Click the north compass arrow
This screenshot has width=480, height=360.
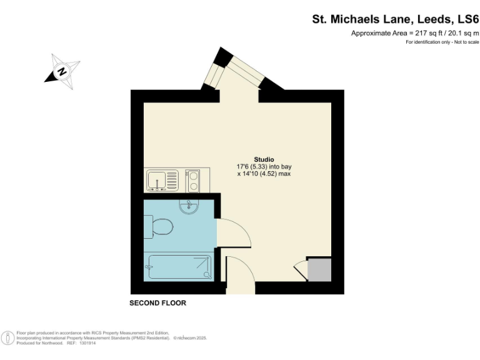[62, 71]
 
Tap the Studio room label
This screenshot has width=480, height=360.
[263, 159]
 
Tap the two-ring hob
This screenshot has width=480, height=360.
[194, 181]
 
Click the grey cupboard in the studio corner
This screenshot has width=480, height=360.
[319, 269]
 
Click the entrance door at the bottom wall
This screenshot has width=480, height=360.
[240, 275]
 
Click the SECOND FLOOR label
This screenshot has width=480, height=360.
[157, 303]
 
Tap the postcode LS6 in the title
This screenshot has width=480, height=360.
[467, 19]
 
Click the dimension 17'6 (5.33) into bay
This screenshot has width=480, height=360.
[264, 167]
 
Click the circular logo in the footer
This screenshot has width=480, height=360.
[9, 338]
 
